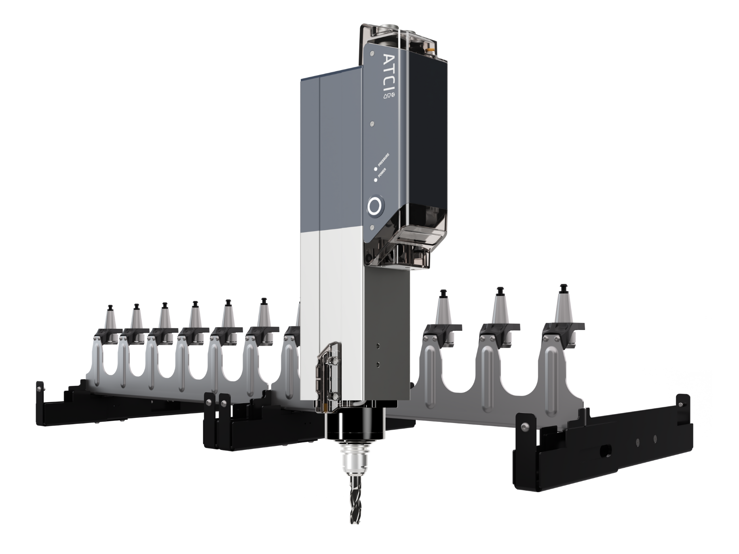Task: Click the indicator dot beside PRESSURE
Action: coord(375,169)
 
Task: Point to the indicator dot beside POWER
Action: coord(375,180)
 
